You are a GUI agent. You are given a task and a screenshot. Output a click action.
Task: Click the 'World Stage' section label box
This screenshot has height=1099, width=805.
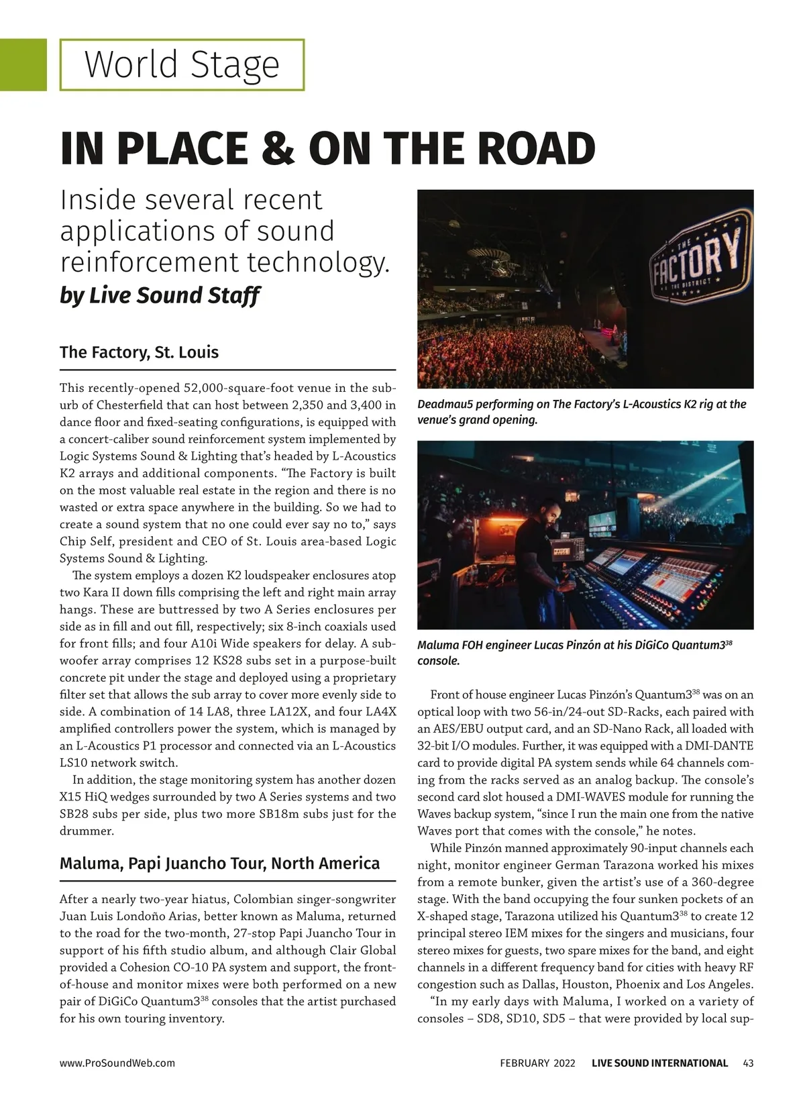click(182, 64)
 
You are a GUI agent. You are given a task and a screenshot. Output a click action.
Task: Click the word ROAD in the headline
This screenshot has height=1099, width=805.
click(530, 149)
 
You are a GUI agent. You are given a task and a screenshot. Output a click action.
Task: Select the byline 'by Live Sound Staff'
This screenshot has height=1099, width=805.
click(160, 295)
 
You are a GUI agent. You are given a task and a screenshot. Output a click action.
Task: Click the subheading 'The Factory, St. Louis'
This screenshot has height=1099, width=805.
click(139, 352)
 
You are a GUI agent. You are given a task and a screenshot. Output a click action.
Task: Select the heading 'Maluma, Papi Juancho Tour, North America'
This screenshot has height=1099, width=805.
click(219, 863)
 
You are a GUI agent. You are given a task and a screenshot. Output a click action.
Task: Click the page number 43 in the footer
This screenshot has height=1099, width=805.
click(749, 1063)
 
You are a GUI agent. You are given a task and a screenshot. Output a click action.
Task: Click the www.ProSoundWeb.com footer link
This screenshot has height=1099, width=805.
click(117, 1063)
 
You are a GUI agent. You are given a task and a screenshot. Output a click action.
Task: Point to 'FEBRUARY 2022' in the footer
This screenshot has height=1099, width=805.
click(537, 1063)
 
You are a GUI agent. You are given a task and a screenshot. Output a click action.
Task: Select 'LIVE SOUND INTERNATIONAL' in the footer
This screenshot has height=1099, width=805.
click(659, 1063)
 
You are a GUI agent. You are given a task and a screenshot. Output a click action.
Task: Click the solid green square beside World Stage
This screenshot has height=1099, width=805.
click(23, 64)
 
